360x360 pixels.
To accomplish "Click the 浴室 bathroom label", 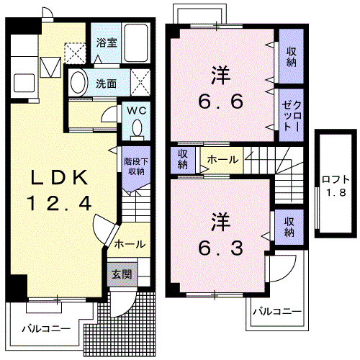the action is coord(107,43).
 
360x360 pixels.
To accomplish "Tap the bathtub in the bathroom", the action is coord(135,43).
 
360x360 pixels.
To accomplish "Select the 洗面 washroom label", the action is coord(107,84).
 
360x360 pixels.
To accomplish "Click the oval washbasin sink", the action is coord(78,83).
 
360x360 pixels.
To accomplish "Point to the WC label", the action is coord(137,111).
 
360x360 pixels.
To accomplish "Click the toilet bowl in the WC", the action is coord(137,127).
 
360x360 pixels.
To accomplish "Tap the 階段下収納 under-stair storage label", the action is coord(136,166).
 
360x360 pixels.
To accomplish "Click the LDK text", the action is coord(59,178).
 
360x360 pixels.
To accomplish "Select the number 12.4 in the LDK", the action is coord(60,203).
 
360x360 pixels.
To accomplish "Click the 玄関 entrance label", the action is coord(122,274).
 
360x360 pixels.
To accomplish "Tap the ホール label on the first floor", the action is coord(130,244).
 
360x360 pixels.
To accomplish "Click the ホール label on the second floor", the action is coord(222,160).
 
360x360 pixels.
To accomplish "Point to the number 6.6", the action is coord(220,102).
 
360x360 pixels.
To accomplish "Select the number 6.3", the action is coord(220,248).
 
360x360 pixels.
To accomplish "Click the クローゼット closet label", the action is coord(291,116).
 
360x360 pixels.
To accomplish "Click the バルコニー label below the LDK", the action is coord(46,328).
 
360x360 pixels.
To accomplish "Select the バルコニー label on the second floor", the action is coord(277,312).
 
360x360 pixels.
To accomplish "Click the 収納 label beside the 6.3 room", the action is coord(289,227).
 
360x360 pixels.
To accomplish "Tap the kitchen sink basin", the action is coord(24,83).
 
